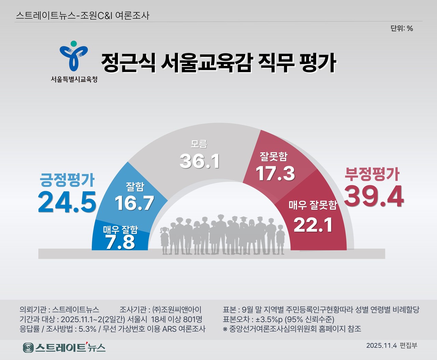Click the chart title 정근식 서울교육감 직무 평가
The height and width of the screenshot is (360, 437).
pyautogui.click(x=218, y=63)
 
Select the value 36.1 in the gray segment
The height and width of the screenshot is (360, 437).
pyautogui.click(x=200, y=161)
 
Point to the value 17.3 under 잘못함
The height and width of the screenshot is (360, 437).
pyautogui.click(x=275, y=173)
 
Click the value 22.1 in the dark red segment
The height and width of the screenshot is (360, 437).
pyautogui.click(x=313, y=225)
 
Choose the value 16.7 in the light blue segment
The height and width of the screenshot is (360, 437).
pyautogui.click(x=135, y=203)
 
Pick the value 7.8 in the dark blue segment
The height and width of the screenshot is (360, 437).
pyautogui.click(x=120, y=242)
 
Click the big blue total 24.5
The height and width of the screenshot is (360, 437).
pyautogui.click(x=67, y=202)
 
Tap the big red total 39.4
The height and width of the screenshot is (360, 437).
pyautogui.click(x=374, y=196)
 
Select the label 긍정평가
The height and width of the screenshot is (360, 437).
pyautogui.click(x=67, y=180)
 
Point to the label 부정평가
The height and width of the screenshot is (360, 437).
pyautogui.click(x=372, y=174)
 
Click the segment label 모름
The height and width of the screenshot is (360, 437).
pyautogui.click(x=199, y=144)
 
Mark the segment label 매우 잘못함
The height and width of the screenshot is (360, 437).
pyautogui.click(x=313, y=205)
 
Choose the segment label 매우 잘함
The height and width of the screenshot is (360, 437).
pyautogui.click(x=121, y=230)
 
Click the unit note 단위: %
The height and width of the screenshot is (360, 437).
pyautogui.click(x=402, y=28)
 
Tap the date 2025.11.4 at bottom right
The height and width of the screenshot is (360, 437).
pyautogui.click(x=381, y=345)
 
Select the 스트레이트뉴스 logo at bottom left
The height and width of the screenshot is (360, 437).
pyautogui.click(x=64, y=348)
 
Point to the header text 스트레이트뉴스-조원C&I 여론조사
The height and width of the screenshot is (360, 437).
pyautogui.click(x=83, y=16)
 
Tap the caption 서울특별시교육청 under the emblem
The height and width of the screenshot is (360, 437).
pyautogui.click(x=74, y=79)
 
